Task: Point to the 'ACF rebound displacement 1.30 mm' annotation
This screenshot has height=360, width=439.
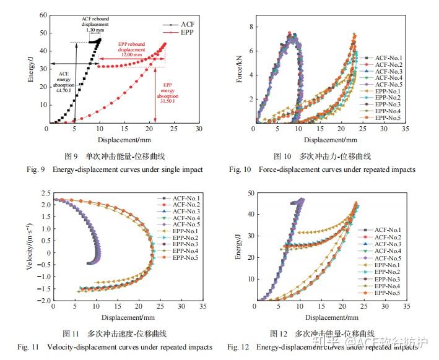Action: coord(95,25)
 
